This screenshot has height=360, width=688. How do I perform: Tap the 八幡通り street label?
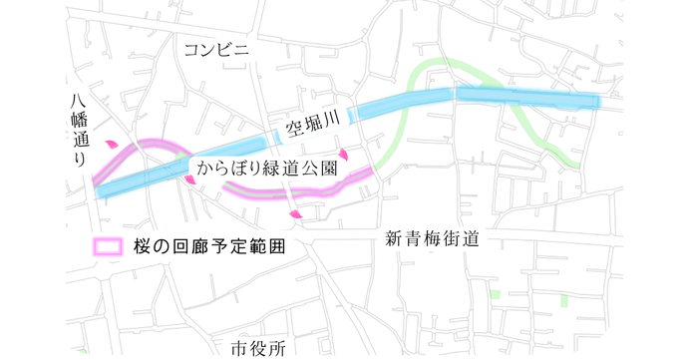81,131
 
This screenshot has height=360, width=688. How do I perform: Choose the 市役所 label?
258,348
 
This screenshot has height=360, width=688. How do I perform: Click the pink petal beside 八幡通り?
112,146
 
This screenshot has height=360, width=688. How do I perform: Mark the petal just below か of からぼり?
189,180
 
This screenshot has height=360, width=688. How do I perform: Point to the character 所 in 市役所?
277,348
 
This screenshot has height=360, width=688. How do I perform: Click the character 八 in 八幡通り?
81,101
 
